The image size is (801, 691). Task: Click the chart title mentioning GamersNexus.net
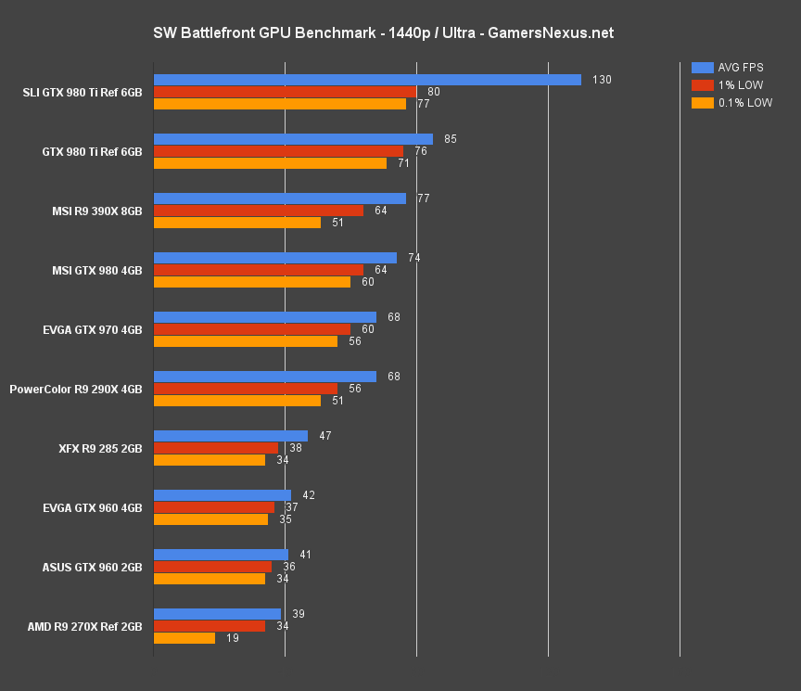[383, 33]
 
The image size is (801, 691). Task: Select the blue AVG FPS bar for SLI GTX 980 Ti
[366, 80]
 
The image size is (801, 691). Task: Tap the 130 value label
[602, 80]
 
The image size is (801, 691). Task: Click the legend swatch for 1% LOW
[702, 85]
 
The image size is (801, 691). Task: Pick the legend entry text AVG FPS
[740, 68]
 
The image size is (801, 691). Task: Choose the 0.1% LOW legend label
[744, 103]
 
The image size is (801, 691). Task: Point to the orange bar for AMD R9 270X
[184, 638]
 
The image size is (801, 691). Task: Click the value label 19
[231, 638]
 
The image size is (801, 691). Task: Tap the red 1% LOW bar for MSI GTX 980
[258, 270]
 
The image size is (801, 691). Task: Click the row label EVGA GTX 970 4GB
[92, 329]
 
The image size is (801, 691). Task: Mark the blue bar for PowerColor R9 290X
[264, 377]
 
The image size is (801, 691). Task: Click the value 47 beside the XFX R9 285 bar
[324, 436]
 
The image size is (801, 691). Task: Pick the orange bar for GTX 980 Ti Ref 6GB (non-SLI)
[269, 163]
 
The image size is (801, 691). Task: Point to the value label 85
[451, 139]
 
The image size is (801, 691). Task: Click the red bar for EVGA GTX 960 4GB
[213, 507]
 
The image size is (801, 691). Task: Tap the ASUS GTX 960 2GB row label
[92, 567]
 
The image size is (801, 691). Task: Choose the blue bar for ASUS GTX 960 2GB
[221, 555]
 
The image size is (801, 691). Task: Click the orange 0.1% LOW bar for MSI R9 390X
[236, 223]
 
